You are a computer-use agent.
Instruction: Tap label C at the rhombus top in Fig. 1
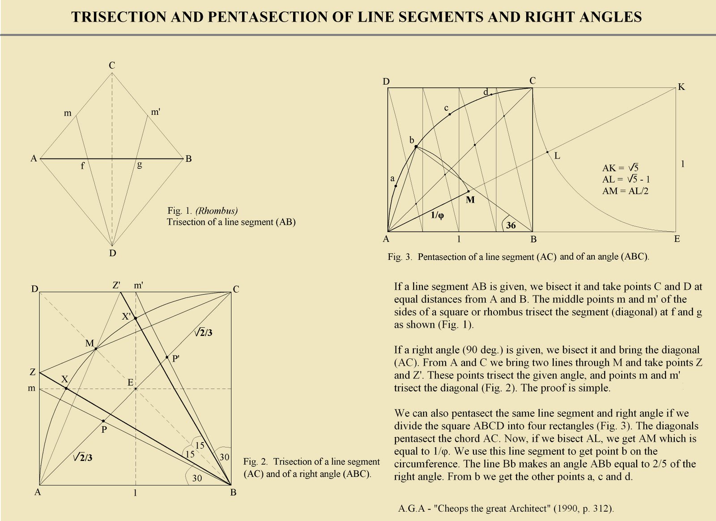click(112, 65)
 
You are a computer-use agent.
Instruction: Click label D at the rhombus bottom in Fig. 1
click(112, 253)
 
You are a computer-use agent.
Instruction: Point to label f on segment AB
click(83, 166)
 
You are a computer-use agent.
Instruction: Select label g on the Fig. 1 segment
click(140, 165)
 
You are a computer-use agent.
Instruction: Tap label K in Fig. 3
click(681, 87)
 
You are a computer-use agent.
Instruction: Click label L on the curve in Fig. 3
click(557, 156)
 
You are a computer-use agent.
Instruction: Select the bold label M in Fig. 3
click(470, 200)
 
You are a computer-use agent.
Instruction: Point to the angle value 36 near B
click(511, 225)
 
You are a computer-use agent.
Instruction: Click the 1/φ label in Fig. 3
click(437, 215)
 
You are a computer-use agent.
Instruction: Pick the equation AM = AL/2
click(625, 191)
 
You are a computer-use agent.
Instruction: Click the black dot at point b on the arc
click(416, 146)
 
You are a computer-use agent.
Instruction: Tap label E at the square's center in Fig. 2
click(130, 382)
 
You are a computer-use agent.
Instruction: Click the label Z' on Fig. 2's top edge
click(116, 285)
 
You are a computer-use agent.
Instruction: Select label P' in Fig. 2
click(176, 358)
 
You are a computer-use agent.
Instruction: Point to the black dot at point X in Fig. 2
click(66, 388)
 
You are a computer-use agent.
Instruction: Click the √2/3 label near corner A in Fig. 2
click(83, 457)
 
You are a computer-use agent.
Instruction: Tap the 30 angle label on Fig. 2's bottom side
click(197, 478)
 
